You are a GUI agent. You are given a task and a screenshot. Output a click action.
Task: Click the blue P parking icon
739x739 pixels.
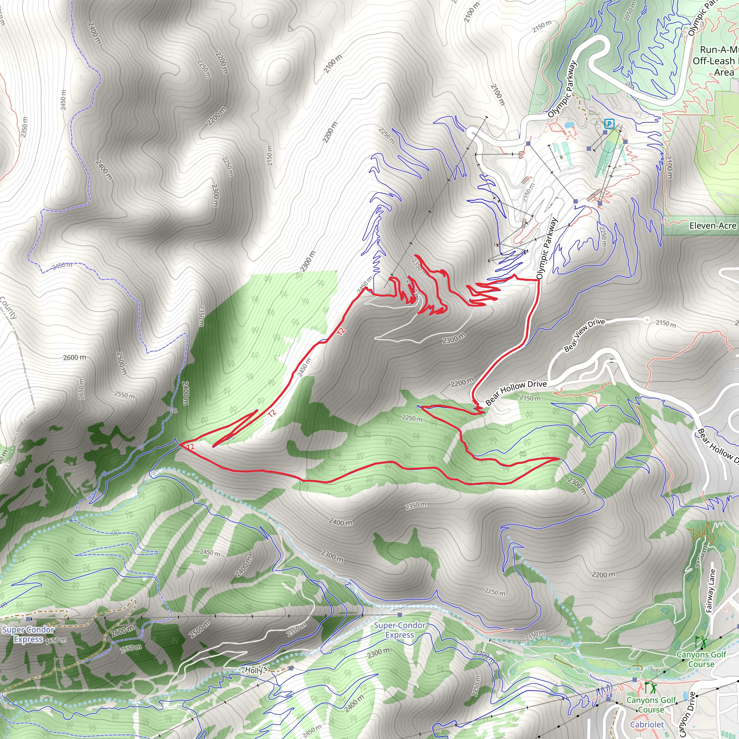click(609, 123)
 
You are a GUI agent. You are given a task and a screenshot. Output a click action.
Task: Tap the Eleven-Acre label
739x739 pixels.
click(713, 226)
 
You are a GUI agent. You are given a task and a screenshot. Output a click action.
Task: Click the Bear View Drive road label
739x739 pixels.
click(584, 335)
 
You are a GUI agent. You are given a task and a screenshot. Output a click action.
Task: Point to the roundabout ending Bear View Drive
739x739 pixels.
click(646, 319)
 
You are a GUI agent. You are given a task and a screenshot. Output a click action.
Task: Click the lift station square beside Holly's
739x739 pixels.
click(292, 668)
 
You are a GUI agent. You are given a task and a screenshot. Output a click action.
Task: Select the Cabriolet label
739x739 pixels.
click(647, 724)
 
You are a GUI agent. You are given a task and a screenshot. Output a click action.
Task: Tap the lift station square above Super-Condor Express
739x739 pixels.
click(400, 615)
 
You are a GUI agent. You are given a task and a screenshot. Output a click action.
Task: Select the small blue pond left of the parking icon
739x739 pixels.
click(569, 125)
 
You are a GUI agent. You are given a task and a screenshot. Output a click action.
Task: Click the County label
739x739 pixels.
click(8, 308)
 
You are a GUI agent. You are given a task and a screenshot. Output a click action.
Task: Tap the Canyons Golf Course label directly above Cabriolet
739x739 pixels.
click(651, 704)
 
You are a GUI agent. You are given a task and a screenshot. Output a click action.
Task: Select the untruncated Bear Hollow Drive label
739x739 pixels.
click(516, 393)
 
